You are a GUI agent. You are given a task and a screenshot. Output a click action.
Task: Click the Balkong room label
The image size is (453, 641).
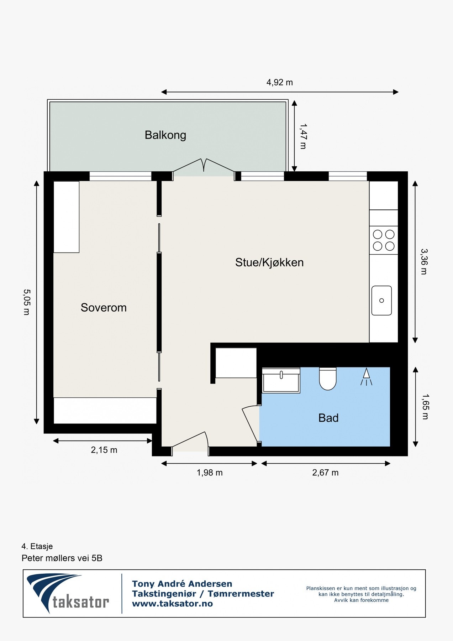click(x=165, y=135)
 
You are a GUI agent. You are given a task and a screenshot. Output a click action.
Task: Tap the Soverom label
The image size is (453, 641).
click(x=104, y=307)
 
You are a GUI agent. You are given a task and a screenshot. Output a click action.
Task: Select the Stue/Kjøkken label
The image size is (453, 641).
click(x=269, y=262)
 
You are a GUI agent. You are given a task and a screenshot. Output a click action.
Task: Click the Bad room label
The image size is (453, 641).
click(x=328, y=418)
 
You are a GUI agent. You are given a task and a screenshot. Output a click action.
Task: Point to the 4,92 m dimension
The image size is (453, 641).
click(x=279, y=83)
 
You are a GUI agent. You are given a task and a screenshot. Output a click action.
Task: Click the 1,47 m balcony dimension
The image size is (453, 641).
click(x=303, y=136)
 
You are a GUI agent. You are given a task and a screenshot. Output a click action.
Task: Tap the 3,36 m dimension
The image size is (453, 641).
click(x=424, y=262)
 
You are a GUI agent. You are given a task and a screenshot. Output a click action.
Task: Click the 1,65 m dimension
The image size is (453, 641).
click(x=425, y=407)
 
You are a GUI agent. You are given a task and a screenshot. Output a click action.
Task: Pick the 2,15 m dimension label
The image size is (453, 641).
click(x=104, y=450)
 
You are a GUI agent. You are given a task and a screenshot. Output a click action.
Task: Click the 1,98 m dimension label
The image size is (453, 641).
click(x=210, y=473)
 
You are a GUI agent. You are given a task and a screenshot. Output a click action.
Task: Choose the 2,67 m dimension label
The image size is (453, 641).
click(x=325, y=473)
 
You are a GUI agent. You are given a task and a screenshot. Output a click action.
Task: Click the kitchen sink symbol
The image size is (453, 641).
click(x=381, y=301)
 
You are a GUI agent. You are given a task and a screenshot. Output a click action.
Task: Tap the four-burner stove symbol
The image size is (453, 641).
click(x=383, y=240)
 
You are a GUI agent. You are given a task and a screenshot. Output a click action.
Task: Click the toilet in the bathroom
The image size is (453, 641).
click(x=327, y=379)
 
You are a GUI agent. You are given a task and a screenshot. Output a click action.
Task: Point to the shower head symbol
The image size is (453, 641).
click(x=366, y=377)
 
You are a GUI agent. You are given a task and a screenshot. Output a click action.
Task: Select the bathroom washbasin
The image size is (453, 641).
click(x=281, y=380)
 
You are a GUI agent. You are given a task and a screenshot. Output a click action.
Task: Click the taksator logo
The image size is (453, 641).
click(x=68, y=593)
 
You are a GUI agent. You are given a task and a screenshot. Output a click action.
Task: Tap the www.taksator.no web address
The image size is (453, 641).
click(x=172, y=604)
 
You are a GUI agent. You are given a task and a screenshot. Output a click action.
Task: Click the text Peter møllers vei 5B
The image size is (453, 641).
click(x=62, y=558)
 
